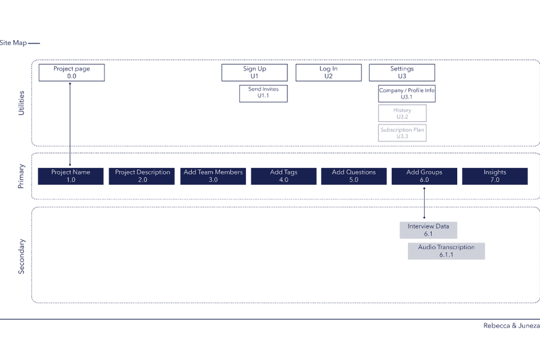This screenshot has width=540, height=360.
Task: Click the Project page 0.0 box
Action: [72, 73]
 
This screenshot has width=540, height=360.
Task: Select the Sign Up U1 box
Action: [254, 73]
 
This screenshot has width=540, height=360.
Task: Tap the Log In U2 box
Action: [328, 73]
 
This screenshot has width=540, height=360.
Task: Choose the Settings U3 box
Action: [401, 73]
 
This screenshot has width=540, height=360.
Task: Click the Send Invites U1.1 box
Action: [263, 93]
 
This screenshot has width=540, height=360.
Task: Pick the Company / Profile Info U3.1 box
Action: [406, 94]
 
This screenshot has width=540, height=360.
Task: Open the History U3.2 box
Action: [402, 113]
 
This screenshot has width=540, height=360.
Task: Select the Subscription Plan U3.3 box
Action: [402, 133]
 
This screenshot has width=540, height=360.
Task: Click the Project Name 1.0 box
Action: [71, 176]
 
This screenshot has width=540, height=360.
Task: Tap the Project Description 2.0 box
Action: [142, 176]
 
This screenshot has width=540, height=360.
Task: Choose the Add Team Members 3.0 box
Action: [213, 176]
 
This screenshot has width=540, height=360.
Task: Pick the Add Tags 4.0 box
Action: [283, 176]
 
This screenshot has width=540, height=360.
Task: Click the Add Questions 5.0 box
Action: [353, 176]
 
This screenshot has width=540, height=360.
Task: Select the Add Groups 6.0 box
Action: [424, 176]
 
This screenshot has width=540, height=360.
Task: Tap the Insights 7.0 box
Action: [494, 176]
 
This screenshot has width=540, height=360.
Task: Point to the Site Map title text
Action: [13, 43]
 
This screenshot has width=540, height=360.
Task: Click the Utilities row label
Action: [22, 103]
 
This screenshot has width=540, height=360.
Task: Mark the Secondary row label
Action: [22, 256]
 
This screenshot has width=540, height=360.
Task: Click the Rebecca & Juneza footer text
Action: [511, 326]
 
